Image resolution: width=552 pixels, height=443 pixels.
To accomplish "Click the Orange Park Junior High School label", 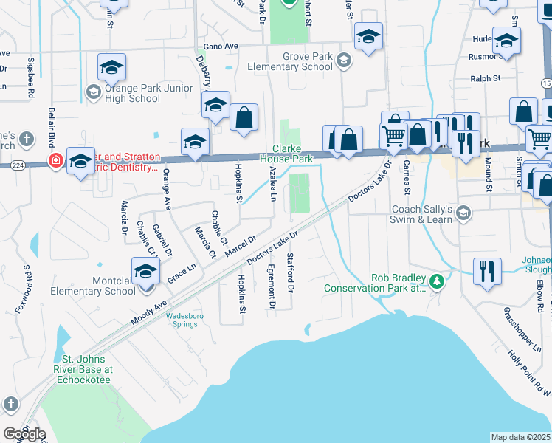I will point(132,93).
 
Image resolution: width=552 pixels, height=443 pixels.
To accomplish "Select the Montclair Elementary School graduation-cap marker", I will point(145,272).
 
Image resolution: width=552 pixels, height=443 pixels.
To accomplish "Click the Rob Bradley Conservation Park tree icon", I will point(437,281).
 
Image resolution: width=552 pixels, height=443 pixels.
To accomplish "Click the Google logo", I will point(24,434).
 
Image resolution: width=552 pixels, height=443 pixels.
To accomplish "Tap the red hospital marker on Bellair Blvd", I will point(55,160).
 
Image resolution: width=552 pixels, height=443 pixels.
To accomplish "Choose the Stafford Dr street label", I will point(291,272).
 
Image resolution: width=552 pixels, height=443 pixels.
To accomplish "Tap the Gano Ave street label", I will point(221,46).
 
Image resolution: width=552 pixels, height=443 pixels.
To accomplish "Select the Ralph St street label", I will point(486,78).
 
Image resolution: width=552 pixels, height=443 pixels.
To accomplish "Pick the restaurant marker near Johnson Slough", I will point(486,270).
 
